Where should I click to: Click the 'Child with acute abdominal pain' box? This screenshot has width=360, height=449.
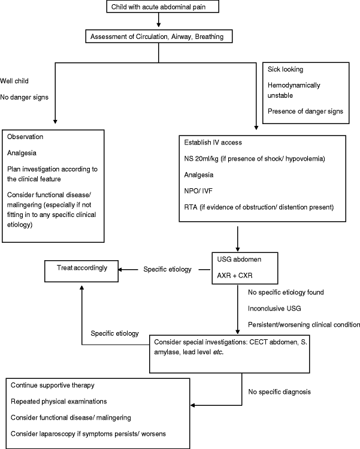[x=158, y=7]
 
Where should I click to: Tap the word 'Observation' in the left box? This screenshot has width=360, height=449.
[x=26, y=137]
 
